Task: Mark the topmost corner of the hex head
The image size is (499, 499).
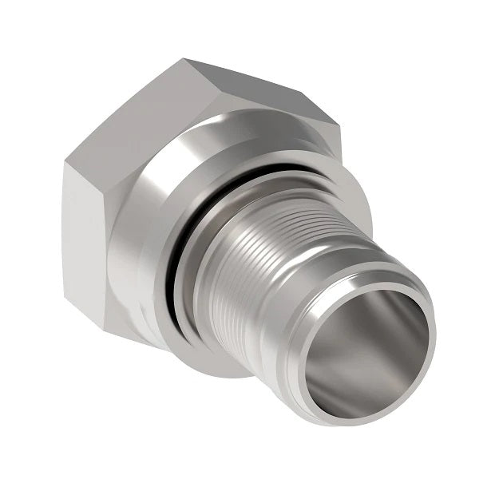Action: click(184, 59)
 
